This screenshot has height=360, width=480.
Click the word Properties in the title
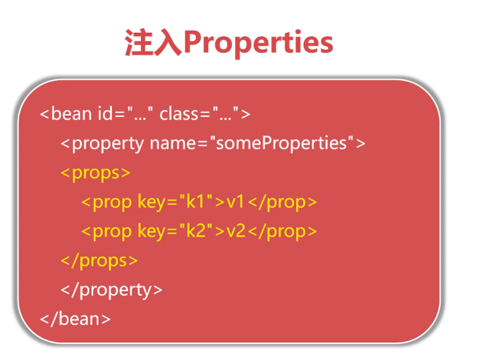click(258, 43)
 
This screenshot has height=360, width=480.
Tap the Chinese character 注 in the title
click(139, 42)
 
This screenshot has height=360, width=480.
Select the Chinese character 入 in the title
click(168, 42)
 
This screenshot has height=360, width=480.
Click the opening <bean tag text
click(66, 114)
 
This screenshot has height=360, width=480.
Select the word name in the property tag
click(172, 143)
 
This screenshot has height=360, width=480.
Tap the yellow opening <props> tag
click(96, 173)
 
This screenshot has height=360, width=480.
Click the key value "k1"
click(196, 202)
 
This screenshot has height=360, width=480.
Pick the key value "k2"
click(196, 231)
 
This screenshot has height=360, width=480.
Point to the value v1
click(235, 202)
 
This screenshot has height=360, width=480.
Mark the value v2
click(236, 231)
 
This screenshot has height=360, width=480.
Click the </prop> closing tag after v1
click(282, 202)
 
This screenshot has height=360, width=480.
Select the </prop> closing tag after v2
click(282, 232)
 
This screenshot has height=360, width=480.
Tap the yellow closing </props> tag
click(99, 261)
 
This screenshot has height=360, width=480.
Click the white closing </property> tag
click(111, 290)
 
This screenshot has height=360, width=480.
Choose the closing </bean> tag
click(75, 319)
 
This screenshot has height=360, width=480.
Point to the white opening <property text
click(102, 144)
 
